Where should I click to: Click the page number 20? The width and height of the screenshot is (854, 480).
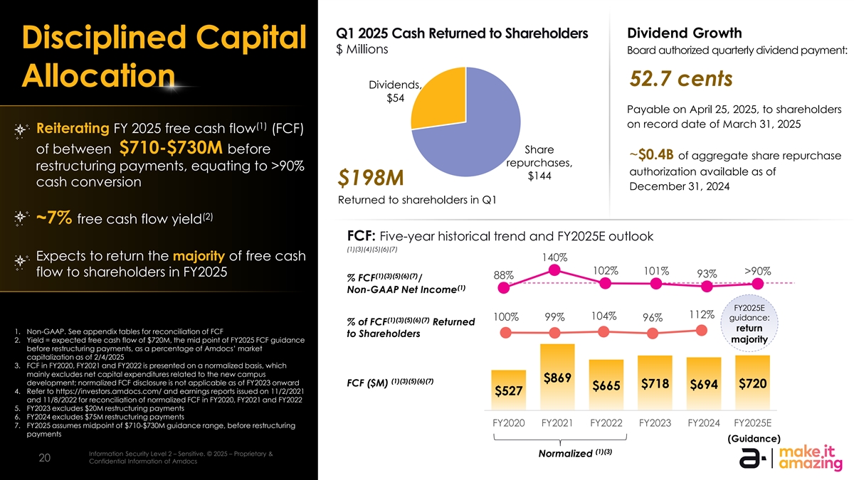coord(44,459)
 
